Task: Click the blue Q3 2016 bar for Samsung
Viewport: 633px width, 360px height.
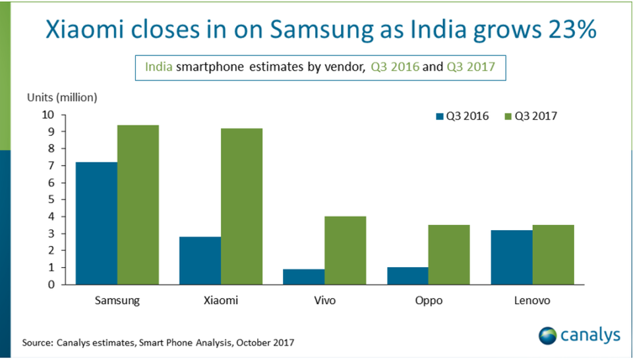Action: tap(97, 224)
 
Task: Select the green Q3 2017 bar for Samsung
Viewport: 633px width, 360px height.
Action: tap(138, 205)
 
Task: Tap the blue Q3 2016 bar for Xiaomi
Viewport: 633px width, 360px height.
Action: tap(200, 261)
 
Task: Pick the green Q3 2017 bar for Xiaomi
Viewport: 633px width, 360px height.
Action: tap(241, 206)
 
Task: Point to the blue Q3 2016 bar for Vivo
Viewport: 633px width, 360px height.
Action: tap(304, 277)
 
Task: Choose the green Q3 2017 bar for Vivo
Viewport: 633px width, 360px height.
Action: tap(345, 251)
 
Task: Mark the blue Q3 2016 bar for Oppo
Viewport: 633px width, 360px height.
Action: tap(407, 276)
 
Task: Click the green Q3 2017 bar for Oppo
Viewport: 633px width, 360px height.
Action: tap(448, 255)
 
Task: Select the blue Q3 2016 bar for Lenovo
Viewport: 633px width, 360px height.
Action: tap(512, 258)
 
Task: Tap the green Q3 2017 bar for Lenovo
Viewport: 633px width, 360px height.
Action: tap(553, 255)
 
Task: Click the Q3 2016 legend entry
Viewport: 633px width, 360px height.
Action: tap(462, 116)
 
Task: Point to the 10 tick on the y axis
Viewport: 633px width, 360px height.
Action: tap(49, 115)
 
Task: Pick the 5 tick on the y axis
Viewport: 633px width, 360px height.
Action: tap(51, 200)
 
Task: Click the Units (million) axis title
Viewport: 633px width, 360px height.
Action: tap(62, 98)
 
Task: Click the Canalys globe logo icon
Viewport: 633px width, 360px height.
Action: tap(549, 335)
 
